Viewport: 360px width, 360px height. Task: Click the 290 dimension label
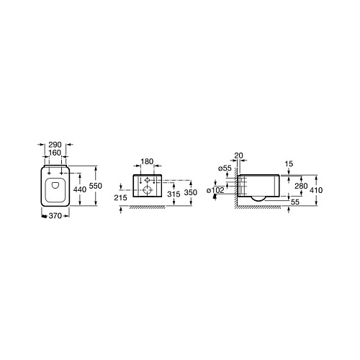coord(55,145)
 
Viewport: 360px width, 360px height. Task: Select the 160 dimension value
coord(55,153)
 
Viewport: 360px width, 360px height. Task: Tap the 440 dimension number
coord(80,189)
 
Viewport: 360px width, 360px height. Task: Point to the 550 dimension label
coord(96,186)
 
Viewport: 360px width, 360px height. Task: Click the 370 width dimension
coord(55,216)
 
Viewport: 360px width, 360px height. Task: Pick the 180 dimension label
coord(147,161)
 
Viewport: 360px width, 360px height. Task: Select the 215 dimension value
coord(120,198)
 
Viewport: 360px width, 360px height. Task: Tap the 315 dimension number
coord(174,194)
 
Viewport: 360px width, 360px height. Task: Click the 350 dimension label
coord(191,192)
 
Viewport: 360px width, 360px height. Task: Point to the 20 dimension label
coord(239,156)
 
